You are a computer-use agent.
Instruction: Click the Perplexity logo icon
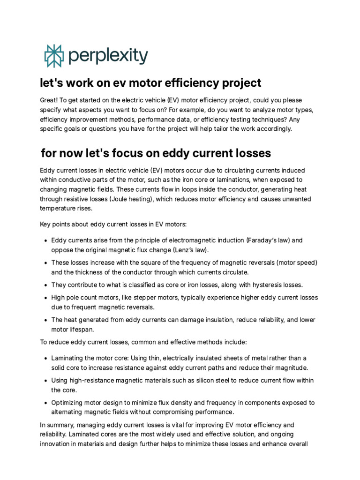coord(53,56)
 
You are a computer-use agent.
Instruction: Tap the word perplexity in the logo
coord(108,56)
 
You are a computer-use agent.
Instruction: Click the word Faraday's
coord(263,240)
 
